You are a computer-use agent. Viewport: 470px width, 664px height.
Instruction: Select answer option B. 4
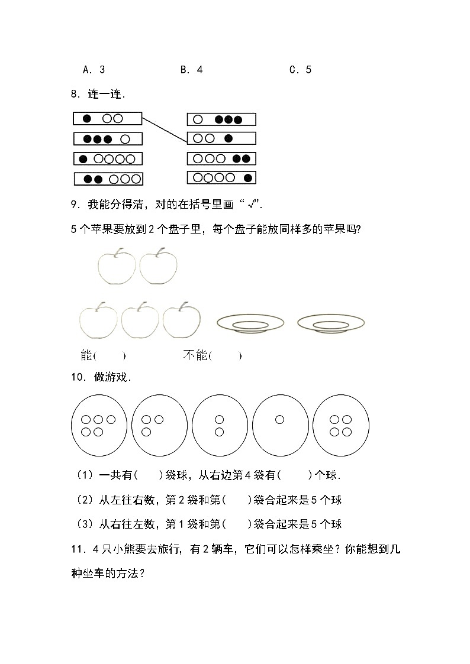[191, 70]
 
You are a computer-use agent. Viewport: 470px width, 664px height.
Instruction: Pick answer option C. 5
[300, 70]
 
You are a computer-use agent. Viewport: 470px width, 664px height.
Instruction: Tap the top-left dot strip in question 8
[107, 118]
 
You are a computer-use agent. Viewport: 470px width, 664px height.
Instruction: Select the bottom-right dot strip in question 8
[221, 177]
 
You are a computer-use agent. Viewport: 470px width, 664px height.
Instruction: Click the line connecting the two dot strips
[165, 128]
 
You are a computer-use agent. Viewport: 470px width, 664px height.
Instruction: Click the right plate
[331, 323]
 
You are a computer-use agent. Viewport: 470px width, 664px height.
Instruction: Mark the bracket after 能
[110, 356]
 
